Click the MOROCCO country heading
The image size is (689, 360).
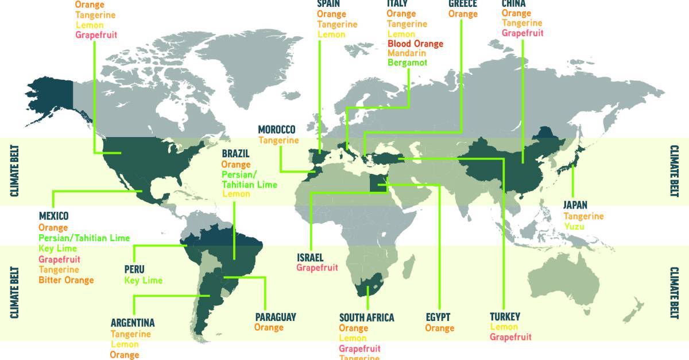point(276,129)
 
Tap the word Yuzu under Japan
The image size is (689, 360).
point(574,227)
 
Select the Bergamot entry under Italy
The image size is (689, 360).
point(407,63)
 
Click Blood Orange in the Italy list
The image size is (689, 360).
point(416,44)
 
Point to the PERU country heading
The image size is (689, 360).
point(134,269)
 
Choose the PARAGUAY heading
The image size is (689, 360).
point(276,316)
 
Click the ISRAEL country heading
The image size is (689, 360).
point(310,257)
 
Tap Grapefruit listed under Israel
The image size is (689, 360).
point(317,268)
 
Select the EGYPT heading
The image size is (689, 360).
point(438,317)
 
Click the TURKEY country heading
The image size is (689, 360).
point(505,316)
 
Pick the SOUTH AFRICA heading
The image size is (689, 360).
point(366,318)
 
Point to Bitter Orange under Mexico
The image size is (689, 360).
point(66,280)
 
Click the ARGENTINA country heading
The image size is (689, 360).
point(132,323)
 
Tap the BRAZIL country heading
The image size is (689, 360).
point(235,154)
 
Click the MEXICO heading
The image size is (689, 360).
point(53,216)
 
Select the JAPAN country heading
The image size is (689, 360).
point(575,205)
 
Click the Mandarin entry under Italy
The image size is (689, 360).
point(407,53)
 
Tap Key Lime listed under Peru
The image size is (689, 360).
point(144,280)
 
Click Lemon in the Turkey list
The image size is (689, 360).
point(504,327)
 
